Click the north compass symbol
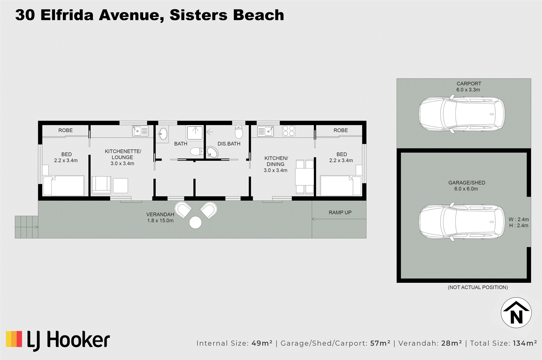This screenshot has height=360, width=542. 516,313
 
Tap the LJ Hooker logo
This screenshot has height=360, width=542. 58,341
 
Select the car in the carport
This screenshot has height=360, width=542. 462,114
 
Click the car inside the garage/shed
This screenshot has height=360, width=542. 462,222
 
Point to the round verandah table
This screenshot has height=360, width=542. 196,222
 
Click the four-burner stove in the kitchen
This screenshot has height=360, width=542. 289,131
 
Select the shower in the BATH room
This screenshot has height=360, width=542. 194,133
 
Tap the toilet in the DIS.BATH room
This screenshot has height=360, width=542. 239,132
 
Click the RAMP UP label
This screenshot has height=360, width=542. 340,212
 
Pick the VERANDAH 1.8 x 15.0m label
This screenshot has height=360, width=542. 160,217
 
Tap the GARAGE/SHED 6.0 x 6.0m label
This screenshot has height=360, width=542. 466,185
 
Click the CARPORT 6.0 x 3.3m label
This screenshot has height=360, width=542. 469,86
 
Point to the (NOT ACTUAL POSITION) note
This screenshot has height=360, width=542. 478,287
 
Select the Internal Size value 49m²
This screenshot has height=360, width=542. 262,343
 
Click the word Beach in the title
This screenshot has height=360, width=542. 258,15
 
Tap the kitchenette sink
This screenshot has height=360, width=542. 140,131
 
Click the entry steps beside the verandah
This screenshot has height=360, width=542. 27,227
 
